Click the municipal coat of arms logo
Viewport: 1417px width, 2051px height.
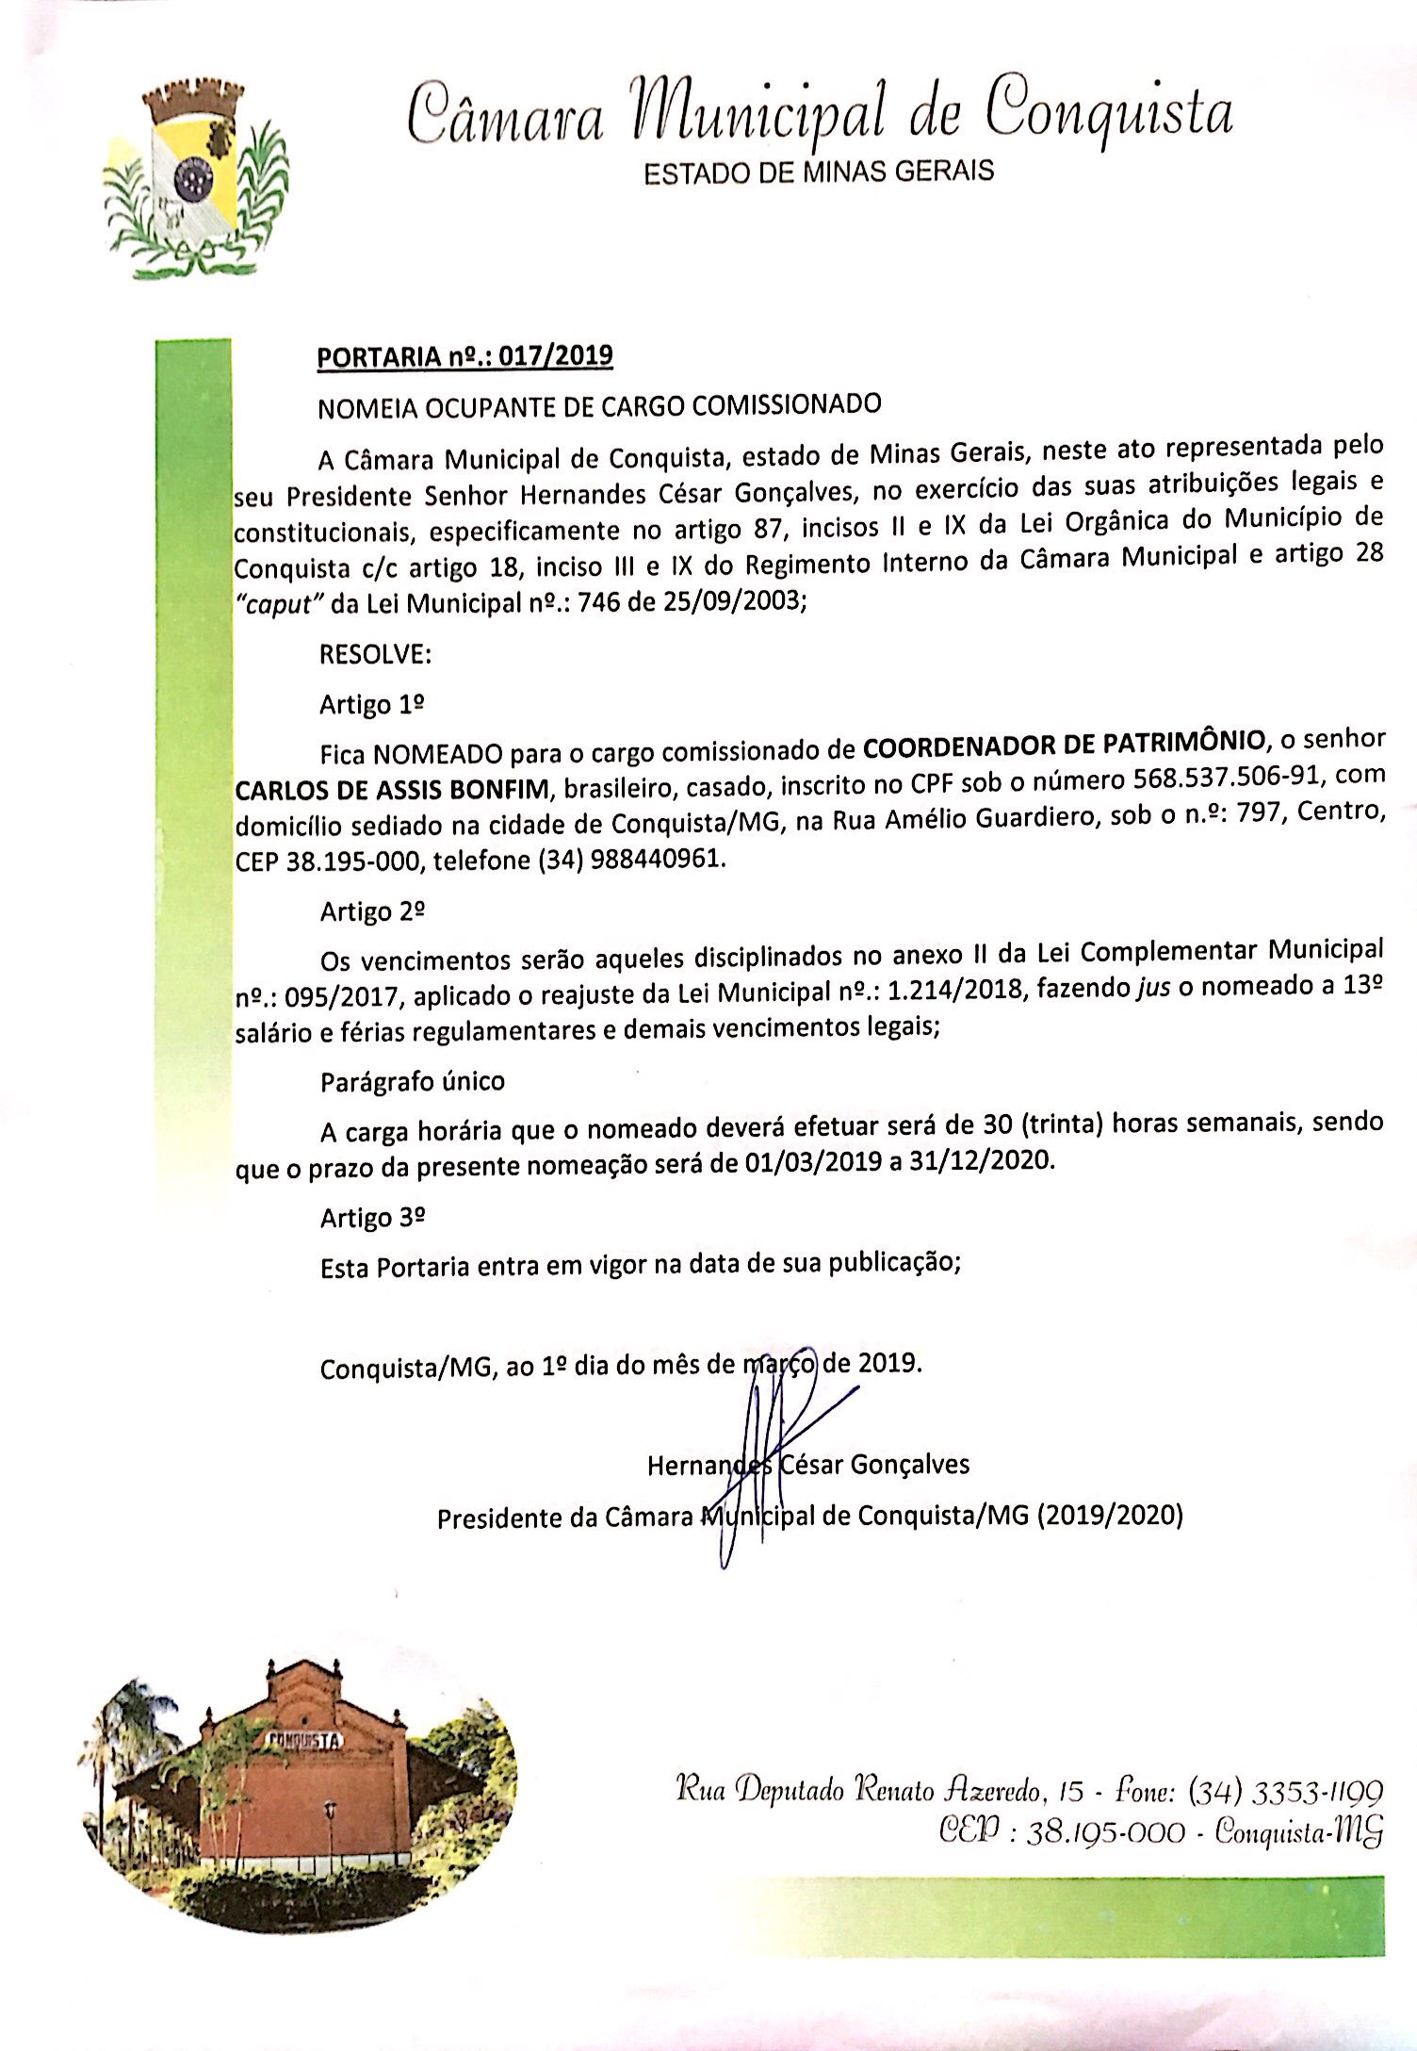[196, 180]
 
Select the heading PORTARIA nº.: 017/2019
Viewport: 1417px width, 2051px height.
[465, 357]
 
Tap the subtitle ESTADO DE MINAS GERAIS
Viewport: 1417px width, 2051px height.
[818, 172]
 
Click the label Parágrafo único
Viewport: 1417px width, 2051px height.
[413, 1081]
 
